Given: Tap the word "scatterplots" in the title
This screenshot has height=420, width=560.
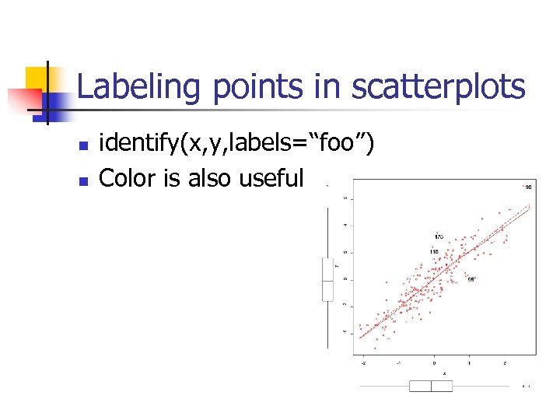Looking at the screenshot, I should [x=438, y=87].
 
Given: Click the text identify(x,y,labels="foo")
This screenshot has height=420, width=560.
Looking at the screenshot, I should [x=237, y=143].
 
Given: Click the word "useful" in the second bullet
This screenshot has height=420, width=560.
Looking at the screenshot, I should [x=271, y=178].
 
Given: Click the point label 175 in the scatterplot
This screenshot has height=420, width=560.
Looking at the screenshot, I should [x=439, y=236].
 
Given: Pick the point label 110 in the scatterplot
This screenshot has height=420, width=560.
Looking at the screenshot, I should [x=434, y=252].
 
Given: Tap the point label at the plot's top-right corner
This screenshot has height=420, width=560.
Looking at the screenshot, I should [x=527, y=187].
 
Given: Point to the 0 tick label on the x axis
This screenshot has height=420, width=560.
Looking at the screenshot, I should [x=434, y=362].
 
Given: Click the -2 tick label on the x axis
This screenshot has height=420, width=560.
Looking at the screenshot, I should [x=362, y=362].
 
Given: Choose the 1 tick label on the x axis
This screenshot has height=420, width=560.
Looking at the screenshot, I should [x=469, y=362].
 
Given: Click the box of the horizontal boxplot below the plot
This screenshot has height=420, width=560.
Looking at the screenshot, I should [x=430, y=386].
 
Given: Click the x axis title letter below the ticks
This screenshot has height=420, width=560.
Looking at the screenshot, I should [x=434, y=373].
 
